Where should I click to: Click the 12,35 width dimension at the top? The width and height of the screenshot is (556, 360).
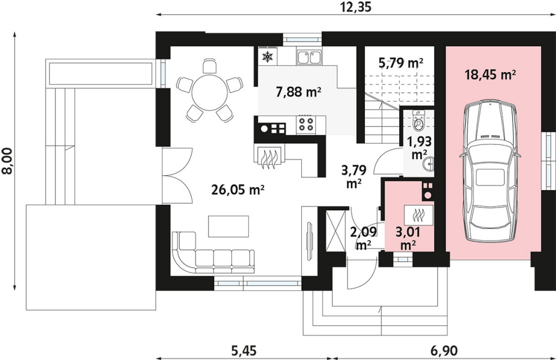coord(356,7)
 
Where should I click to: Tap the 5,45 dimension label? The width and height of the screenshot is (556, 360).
coord(244,351)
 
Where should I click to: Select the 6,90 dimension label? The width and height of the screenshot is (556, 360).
coord(444,351)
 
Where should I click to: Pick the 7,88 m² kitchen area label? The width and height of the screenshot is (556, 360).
coord(299,92)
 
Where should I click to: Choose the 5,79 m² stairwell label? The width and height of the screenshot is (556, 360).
coord(401,63)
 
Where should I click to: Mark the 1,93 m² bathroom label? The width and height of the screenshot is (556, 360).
coord(419,148)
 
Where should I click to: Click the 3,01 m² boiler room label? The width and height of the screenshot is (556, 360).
coord(408,239)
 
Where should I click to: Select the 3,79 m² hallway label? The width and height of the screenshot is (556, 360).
coord(353,176)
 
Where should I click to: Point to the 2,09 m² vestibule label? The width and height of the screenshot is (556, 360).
coord(363,238)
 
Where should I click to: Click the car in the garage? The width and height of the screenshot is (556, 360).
coord(490,171)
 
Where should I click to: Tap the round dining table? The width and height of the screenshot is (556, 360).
coord(210,92)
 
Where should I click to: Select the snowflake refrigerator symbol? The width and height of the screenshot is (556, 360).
coord(267,57)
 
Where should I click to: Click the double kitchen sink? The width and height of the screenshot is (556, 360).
coord(309,57)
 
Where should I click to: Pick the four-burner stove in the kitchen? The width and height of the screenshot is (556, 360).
coord(306,124)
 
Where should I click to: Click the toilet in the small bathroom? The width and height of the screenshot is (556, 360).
coord(419,119)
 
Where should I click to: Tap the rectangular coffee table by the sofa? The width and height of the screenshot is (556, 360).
coord(229,226)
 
